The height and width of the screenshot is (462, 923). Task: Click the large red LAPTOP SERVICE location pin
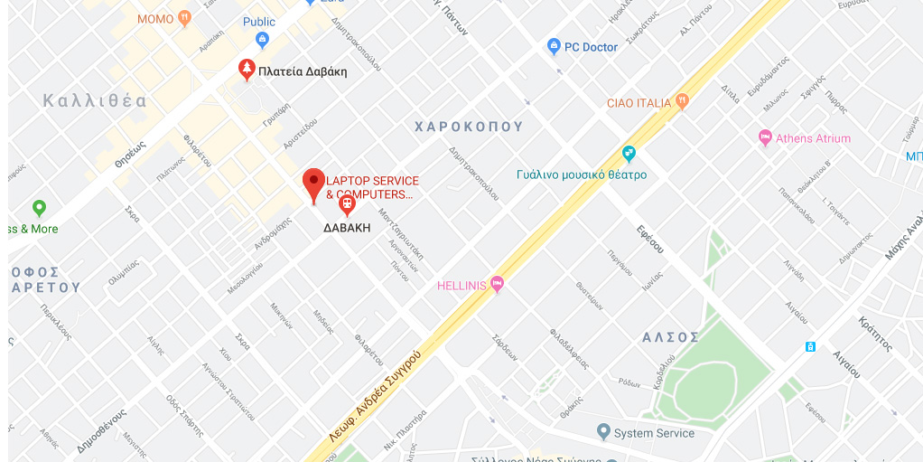coord(313,184)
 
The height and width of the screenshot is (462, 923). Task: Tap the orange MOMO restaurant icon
coord(185,17)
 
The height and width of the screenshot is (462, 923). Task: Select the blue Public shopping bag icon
coord(263,39)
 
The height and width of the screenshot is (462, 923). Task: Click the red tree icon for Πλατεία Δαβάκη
coord(246,69)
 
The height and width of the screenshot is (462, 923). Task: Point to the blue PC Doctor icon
coord(555,47)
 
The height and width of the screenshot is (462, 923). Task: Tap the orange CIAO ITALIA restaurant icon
coord(682,102)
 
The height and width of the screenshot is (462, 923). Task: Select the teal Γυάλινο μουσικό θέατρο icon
coord(629,154)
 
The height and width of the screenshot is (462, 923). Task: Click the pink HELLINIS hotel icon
coord(497,285)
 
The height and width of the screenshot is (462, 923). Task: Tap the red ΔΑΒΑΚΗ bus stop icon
coord(347,206)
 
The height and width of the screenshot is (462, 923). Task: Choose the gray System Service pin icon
coord(603,432)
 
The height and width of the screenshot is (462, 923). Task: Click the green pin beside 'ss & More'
coord(39,209)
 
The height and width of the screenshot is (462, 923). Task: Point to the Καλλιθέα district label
coord(95,101)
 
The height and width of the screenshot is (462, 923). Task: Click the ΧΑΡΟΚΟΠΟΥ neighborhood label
coord(469,127)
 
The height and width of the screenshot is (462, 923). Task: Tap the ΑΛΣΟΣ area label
coord(670,337)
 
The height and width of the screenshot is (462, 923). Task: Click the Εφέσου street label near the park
coord(649,240)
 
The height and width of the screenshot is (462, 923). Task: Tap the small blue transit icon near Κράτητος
coord(810,346)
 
